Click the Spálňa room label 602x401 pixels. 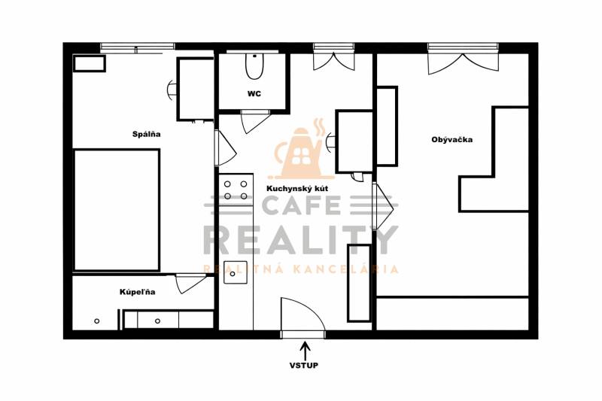pos(146,135)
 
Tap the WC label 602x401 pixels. pos(254,93)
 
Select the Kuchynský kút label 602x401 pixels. pos(297,189)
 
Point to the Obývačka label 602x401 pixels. pos(452,140)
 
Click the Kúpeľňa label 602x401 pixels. pos(138,292)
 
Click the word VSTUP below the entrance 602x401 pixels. pos(304,366)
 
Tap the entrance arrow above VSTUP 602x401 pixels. pos(306,351)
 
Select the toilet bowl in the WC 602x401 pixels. pos(254,66)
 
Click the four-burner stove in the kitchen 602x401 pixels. pos(236,190)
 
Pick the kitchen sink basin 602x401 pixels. pos(236,272)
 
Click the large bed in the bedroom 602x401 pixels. pos(117,210)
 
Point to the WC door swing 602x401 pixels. pos(254,121)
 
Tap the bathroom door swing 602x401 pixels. pos(190,283)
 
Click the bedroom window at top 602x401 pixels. pos(138,47)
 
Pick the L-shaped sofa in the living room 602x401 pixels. pos(494,159)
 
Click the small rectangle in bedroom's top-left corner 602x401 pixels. pos(90,63)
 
